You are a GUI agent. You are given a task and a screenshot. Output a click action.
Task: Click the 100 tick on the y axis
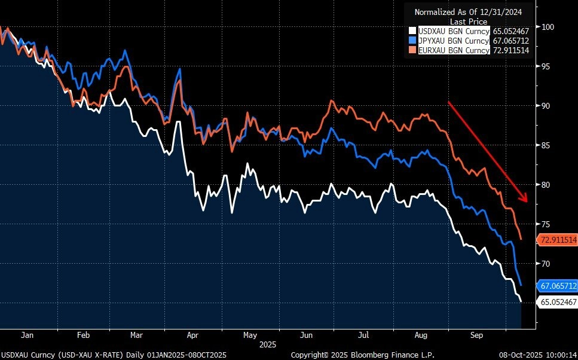click(548, 27)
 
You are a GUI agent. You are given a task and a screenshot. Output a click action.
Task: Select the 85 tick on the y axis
click(545, 145)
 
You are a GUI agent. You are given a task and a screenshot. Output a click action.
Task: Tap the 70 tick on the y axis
click(545, 264)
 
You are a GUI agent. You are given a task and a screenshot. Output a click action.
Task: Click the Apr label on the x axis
click(193, 335)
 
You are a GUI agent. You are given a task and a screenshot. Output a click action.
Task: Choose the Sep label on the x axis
click(476, 335)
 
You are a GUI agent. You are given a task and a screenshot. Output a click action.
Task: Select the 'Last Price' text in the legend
click(469, 21)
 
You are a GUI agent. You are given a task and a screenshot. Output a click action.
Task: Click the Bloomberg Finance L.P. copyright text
click(362, 355)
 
